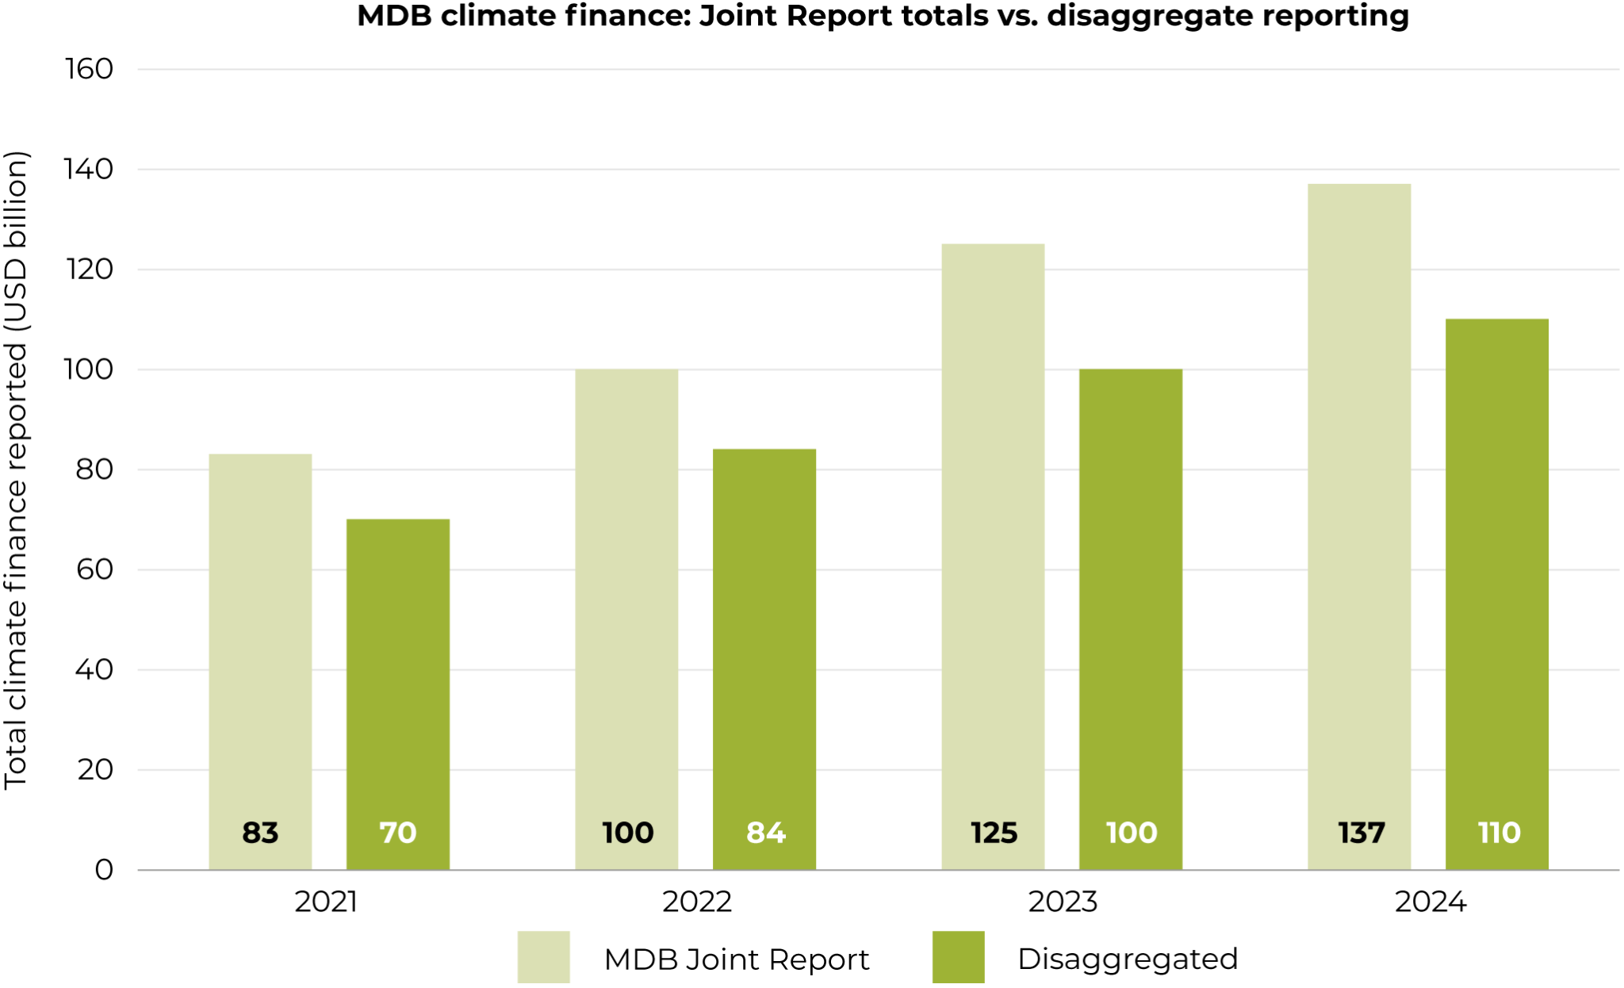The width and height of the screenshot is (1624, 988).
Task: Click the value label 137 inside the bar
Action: (1361, 833)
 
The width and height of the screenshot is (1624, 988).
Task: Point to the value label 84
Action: (765, 833)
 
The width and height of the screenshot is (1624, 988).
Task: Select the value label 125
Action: (994, 833)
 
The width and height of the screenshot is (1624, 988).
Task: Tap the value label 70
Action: (397, 833)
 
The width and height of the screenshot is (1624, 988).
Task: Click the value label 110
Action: (1499, 833)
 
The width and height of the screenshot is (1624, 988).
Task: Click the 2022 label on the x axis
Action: (696, 902)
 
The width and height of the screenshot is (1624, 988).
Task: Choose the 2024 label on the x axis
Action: (1431, 902)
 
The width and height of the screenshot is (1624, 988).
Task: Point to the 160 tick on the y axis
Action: (89, 70)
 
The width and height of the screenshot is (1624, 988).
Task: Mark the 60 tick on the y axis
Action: (94, 569)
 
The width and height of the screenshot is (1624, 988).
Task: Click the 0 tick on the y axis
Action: (104, 870)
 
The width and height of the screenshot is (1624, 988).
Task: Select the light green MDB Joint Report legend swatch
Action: (543, 958)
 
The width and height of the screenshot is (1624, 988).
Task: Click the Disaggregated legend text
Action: (1127, 959)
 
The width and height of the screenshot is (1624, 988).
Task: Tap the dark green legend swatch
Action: (958, 958)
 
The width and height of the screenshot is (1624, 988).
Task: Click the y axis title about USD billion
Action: (16, 469)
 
